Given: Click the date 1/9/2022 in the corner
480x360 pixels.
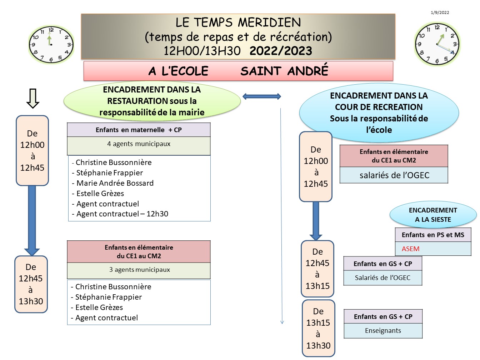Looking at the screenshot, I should click(x=440, y=12).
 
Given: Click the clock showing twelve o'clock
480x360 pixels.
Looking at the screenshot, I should click(x=51, y=45).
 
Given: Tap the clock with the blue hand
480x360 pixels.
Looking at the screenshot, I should click(x=437, y=44).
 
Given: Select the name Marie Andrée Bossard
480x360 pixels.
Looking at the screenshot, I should click(x=115, y=183).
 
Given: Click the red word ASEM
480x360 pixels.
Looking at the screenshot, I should click(x=410, y=249).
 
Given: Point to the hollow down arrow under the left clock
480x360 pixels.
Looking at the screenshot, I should click(x=33, y=98).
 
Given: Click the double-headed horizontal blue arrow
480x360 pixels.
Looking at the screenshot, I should click(x=262, y=96).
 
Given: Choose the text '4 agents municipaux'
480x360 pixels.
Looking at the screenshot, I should click(x=139, y=144).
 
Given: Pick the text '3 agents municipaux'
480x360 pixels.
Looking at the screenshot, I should click(x=139, y=270).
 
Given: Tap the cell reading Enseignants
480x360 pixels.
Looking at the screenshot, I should click(x=383, y=331).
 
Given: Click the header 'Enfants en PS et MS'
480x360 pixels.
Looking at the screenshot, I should click(x=433, y=235).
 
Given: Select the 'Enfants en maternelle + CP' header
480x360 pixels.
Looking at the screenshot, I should click(x=139, y=130).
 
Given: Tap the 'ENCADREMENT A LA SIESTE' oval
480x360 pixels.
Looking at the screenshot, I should click(x=433, y=215).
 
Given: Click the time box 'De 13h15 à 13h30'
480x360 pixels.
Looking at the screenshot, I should click(x=318, y=328).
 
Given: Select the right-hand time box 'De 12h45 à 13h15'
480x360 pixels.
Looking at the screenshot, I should click(x=317, y=269).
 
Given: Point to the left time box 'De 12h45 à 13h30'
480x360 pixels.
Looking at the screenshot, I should click(x=31, y=284).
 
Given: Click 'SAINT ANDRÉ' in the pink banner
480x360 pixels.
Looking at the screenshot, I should click(x=284, y=71).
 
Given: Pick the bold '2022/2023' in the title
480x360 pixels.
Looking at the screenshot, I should click(x=281, y=51).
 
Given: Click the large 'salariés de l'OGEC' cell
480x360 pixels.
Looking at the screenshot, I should click(x=394, y=175).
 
